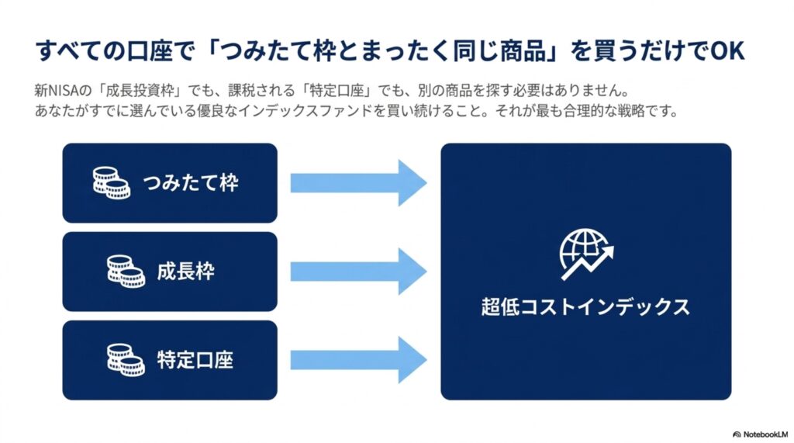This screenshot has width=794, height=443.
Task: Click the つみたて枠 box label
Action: pyautogui.click(x=191, y=183)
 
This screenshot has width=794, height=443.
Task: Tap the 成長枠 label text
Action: pyautogui.click(x=186, y=272)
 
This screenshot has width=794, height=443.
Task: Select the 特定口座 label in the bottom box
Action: pyautogui.click(x=195, y=360)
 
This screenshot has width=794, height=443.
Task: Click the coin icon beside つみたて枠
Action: pyautogui.click(x=112, y=183)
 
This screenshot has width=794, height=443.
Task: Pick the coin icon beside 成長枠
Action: pyautogui.click(x=126, y=272)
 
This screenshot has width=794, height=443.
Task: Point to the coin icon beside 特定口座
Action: pyautogui.click(x=126, y=360)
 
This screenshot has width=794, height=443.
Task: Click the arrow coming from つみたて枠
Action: pyautogui.click(x=358, y=183)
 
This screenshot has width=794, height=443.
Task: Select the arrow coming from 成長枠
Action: pyautogui.click(x=358, y=272)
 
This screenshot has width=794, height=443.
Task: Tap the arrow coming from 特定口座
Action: pyautogui.click(x=358, y=360)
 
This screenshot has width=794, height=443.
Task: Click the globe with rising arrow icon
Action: pyautogui.click(x=586, y=254)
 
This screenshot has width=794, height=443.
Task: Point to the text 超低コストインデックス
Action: pyautogui.click(x=585, y=307)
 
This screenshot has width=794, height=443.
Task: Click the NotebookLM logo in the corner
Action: pyautogui.click(x=760, y=434)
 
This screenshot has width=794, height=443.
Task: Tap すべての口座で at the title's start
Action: pyautogui.click(x=115, y=51)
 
